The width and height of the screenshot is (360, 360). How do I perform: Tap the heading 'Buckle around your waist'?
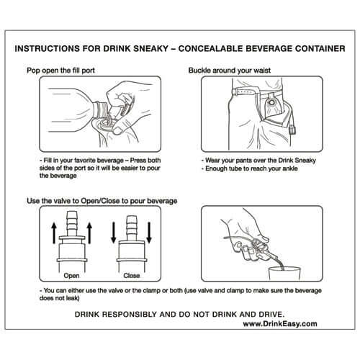point(229,72)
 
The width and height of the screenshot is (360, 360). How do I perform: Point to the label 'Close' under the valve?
point(132,275)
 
